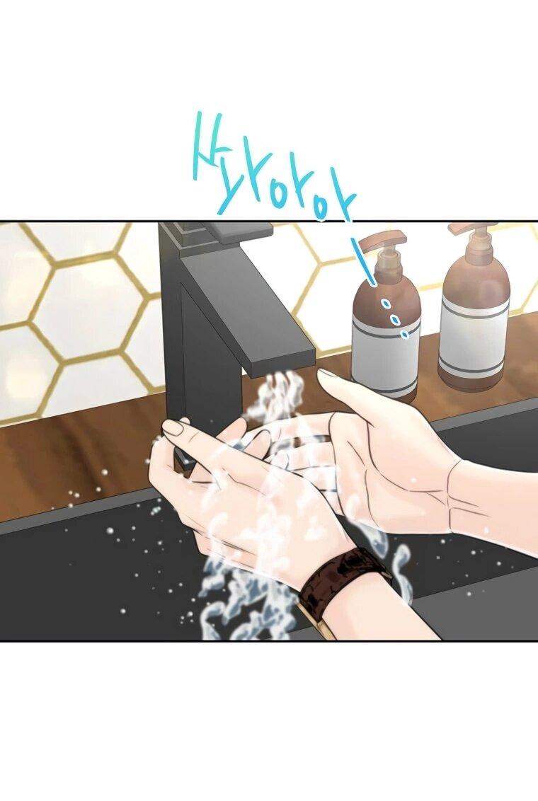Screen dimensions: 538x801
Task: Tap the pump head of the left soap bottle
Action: tap(382, 239)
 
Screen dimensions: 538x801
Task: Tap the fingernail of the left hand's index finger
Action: tap(173, 427)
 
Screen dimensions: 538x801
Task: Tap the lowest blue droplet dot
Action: tap(405, 335)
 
